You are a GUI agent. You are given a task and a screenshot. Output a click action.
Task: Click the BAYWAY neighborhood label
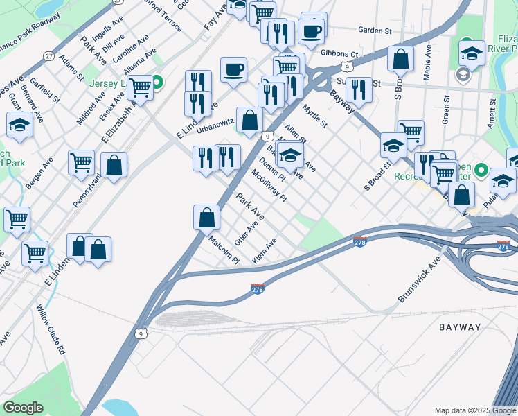(460, 327)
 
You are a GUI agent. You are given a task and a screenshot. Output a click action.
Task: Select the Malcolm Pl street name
(224, 250)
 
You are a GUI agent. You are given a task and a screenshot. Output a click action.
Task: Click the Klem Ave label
(265, 250)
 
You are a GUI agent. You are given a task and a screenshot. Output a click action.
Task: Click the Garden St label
(375, 31)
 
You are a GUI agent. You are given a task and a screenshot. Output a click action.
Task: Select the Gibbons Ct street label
(340, 54)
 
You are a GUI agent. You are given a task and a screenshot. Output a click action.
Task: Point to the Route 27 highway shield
(48, 55)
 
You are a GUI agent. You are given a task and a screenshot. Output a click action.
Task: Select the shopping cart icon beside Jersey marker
(140, 88)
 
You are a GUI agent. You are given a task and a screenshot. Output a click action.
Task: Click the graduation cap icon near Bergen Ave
(19, 125)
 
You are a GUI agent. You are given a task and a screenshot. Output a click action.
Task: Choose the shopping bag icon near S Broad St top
(400, 59)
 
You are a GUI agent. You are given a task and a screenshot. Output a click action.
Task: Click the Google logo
(24, 408)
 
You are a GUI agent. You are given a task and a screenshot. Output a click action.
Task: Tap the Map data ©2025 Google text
(474, 410)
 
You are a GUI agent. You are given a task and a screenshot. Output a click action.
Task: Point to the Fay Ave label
(215, 15)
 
